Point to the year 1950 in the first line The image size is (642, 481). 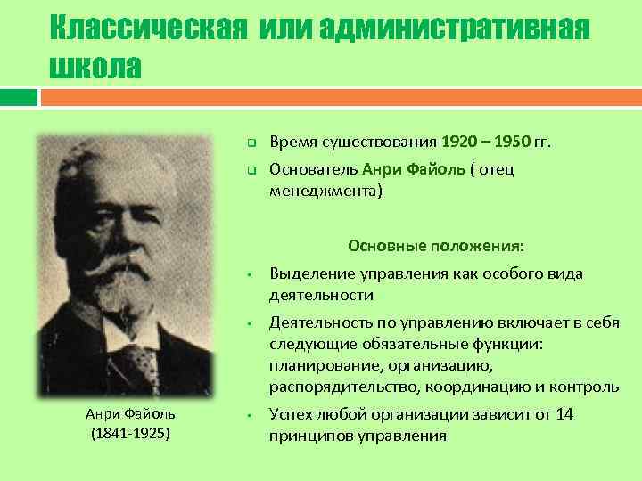(506, 142)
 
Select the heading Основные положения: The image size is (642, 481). (436, 246)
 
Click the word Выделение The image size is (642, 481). (311, 273)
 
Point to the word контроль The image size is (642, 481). (585, 386)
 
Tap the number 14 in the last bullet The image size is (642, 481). (564, 414)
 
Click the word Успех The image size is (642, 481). (291, 414)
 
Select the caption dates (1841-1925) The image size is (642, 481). (131, 434)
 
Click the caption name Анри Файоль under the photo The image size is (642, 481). (131, 413)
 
